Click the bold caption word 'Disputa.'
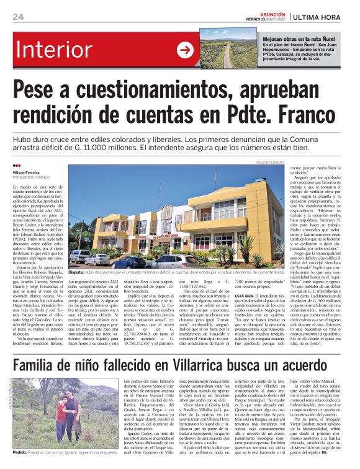(x=76, y=272)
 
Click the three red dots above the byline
(x=17, y=166)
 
